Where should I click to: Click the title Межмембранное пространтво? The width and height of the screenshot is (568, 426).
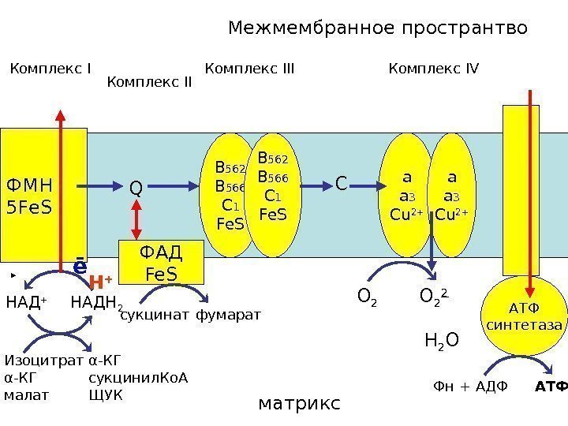point(378,29)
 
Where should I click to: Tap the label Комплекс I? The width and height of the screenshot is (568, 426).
point(50,69)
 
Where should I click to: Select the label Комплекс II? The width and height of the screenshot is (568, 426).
point(149,81)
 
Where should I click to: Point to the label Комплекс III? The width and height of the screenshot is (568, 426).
point(249,69)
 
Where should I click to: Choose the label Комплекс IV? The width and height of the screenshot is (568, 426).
point(434,69)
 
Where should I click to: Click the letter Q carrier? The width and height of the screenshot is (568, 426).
point(136,189)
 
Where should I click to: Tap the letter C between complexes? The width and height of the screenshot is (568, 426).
point(341,185)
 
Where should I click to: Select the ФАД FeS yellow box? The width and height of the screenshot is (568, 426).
point(161,263)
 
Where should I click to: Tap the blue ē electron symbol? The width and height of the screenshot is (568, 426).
point(80,267)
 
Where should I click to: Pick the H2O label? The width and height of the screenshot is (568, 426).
point(441,341)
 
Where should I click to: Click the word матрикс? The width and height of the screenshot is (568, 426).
point(300,403)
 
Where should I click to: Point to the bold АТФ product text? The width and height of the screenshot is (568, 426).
point(551,387)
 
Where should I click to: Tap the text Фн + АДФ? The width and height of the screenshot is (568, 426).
point(470,387)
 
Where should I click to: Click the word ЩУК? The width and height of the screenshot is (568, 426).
point(106,394)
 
